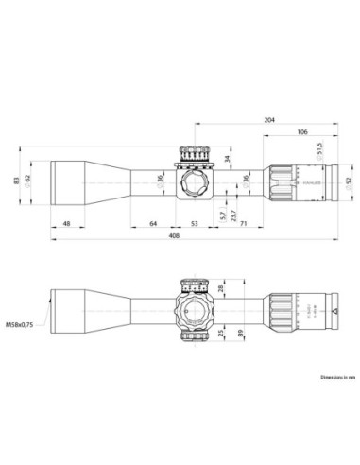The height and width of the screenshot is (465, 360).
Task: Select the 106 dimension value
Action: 300,132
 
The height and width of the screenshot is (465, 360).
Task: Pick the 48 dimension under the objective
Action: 66,224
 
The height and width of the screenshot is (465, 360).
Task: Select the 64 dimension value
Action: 153,224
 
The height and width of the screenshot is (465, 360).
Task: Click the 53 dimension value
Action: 194,224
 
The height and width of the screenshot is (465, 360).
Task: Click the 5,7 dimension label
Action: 222,215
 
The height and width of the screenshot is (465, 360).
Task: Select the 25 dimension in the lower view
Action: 220,335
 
